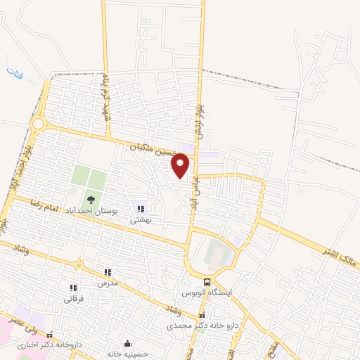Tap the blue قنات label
14,72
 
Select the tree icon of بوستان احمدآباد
91,200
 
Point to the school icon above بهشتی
141,209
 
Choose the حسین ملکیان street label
155,148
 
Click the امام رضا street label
43,204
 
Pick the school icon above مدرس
108,272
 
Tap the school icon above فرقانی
72,288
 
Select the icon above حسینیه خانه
127,343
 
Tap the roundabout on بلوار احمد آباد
38,124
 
